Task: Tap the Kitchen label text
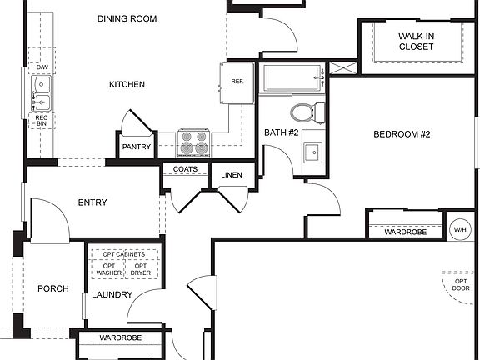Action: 127,84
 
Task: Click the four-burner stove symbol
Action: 193,142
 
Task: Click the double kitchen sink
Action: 41,92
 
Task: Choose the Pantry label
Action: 136,147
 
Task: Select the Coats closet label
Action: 185,169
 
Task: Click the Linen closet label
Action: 231,174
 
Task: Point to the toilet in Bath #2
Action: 306,111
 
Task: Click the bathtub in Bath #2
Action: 292,79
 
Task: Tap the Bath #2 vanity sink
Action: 312,152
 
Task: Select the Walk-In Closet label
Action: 416,42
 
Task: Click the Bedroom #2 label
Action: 401,133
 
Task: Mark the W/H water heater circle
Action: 459,228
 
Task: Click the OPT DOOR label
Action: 460,287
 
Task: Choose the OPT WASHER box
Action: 108,269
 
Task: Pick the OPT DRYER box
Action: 140,269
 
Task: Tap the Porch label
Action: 52,289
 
